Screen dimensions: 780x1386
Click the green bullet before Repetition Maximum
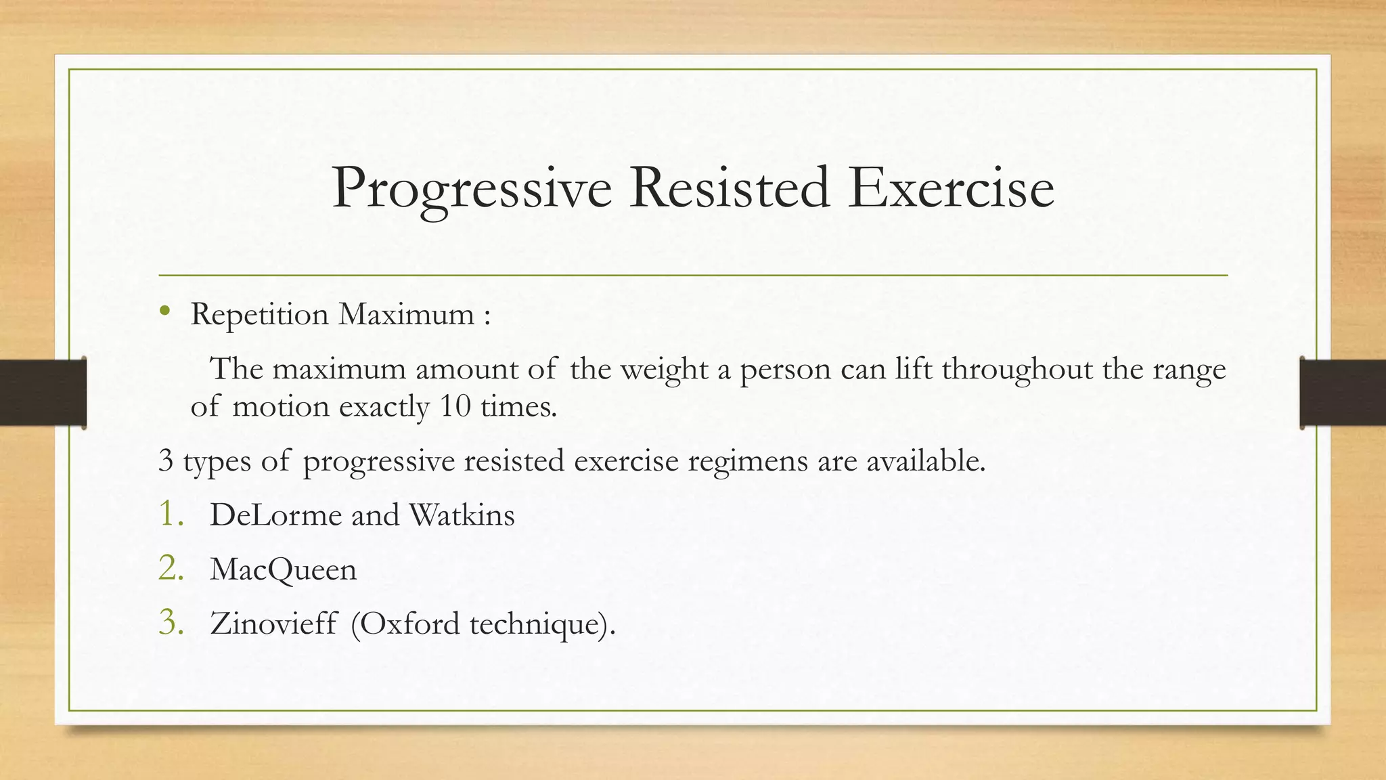[164, 311]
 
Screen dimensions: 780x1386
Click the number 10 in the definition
[455, 406]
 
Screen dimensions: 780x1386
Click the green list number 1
[171, 514]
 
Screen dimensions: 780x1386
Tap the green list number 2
[171, 568]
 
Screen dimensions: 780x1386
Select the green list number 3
[171, 622]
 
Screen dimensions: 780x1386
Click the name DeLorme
[275, 515]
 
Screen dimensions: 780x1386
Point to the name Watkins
[462, 515]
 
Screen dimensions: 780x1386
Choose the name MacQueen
[283, 569]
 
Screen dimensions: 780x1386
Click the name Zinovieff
[273, 624]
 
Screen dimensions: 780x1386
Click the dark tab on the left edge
[43, 393]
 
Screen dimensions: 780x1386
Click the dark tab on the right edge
[1343, 393]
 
